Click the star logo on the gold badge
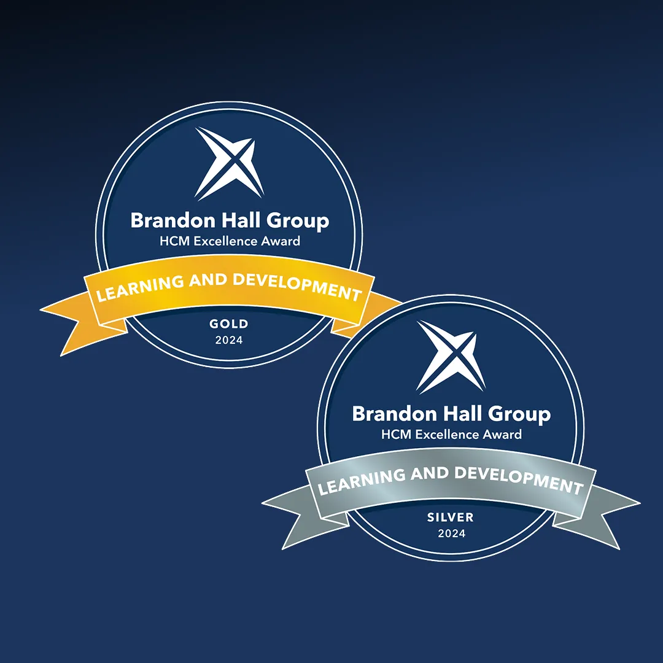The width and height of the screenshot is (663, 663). pos(229,163)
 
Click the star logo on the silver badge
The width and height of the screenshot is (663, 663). pos(451,357)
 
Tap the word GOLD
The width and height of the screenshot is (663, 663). pos(229,324)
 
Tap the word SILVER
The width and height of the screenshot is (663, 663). pos(451,517)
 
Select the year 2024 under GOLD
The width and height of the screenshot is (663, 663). pos(229,340)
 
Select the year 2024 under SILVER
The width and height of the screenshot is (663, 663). pos(452,533)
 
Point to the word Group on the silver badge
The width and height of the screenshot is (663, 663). pos(520,415)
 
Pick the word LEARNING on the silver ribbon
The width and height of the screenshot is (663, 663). pos(362,481)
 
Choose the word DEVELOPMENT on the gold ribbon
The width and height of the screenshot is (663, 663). pos(297,286)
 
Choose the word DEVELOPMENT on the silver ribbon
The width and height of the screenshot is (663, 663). pos(519,479)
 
